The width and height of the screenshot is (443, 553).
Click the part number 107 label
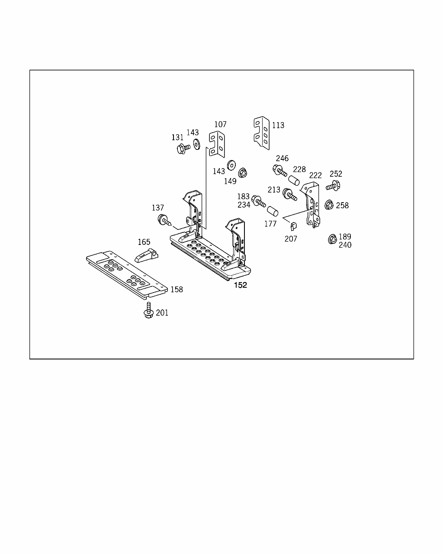click(220, 124)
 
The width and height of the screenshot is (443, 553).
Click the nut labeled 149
click(243, 172)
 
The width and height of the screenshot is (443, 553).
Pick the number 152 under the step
click(241, 285)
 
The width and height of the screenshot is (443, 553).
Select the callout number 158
click(177, 289)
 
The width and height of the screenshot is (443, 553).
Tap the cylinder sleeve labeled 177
click(272, 212)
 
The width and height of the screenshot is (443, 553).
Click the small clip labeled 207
click(293, 226)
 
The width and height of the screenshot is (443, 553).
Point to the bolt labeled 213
click(289, 195)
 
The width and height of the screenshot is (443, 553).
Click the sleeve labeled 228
click(294, 180)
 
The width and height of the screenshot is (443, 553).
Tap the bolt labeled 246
click(279, 171)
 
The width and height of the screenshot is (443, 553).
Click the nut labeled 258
click(328, 205)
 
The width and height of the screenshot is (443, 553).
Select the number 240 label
click(345, 245)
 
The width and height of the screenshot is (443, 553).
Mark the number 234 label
click(244, 205)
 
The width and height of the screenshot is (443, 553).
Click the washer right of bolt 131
click(196, 143)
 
